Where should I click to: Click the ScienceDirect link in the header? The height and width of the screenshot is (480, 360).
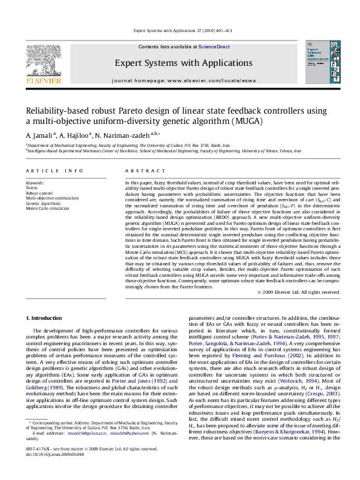(x=214, y=47)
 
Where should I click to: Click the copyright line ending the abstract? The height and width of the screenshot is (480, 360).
(x=299, y=292)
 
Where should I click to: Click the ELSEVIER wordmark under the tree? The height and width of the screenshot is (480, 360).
(x=42, y=80)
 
